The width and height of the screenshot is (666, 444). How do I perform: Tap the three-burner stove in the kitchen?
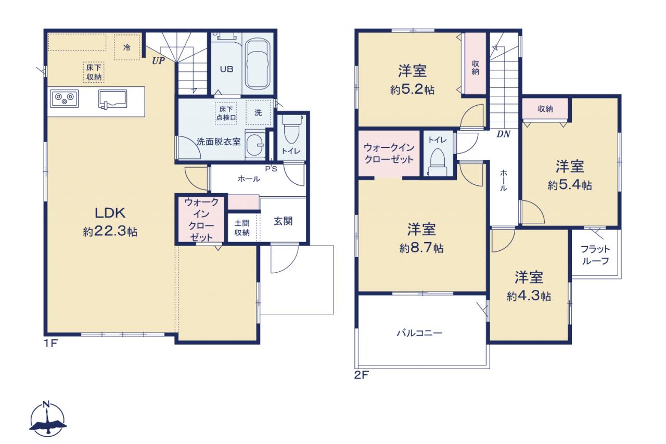click(x=64, y=98)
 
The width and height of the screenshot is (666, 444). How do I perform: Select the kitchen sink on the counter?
click(x=113, y=99)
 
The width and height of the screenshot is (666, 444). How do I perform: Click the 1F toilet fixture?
click(x=291, y=130)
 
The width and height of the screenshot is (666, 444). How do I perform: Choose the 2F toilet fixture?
click(x=438, y=163)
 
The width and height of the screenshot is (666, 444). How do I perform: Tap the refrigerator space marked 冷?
click(x=127, y=47)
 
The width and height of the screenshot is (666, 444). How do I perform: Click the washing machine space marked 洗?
click(x=259, y=112)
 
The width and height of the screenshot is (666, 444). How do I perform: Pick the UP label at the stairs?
click(x=158, y=61)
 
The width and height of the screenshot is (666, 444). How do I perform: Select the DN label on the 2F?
click(x=503, y=134)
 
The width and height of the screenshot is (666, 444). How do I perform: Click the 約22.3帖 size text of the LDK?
click(x=110, y=231)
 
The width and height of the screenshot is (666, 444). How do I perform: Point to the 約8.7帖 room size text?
click(x=421, y=248)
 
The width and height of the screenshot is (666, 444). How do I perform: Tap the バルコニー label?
click(x=419, y=333)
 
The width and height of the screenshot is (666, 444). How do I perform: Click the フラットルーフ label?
click(x=595, y=255)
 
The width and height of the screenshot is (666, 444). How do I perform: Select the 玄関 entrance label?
click(x=283, y=221)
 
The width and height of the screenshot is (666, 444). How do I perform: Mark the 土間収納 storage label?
click(x=242, y=227)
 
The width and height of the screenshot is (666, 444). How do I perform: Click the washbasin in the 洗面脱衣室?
click(x=255, y=145)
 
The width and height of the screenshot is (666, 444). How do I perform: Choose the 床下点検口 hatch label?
click(x=226, y=113)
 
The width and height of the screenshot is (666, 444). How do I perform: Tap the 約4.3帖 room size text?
click(x=529, y=296)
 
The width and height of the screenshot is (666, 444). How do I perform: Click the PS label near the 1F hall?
click(x=271, y=169)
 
